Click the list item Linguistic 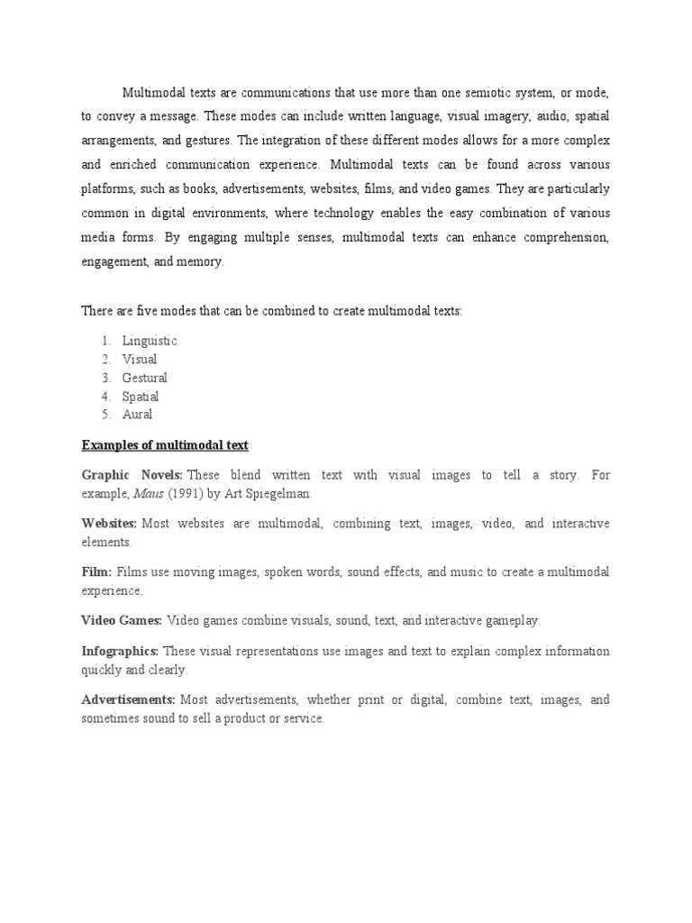point(150,341)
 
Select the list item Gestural point(145,378)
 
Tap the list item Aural point(137,415)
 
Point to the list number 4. point(105,397)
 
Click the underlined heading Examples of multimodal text point(165,445)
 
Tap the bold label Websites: point(109,524)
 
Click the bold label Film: point(97,572)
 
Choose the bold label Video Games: point(122,620)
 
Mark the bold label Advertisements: point(129,699)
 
